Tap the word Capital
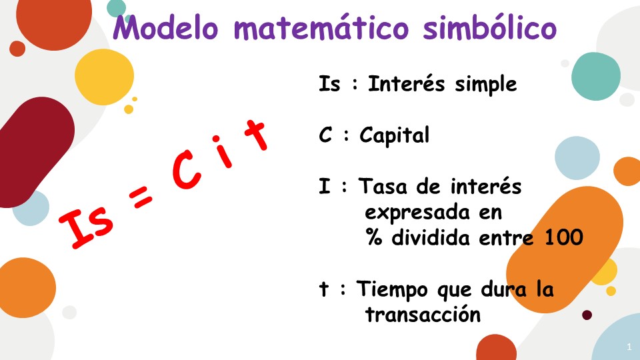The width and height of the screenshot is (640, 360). click(x=395, y=136)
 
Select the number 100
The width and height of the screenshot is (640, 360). click(x=563, y=237)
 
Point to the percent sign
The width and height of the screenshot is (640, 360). click(x=374, y=237)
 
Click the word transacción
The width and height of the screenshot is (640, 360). click(x=423, y=315)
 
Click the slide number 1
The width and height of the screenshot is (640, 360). click(x=629, y=347)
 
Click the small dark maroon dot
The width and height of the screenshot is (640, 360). click(x=587, y=315)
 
